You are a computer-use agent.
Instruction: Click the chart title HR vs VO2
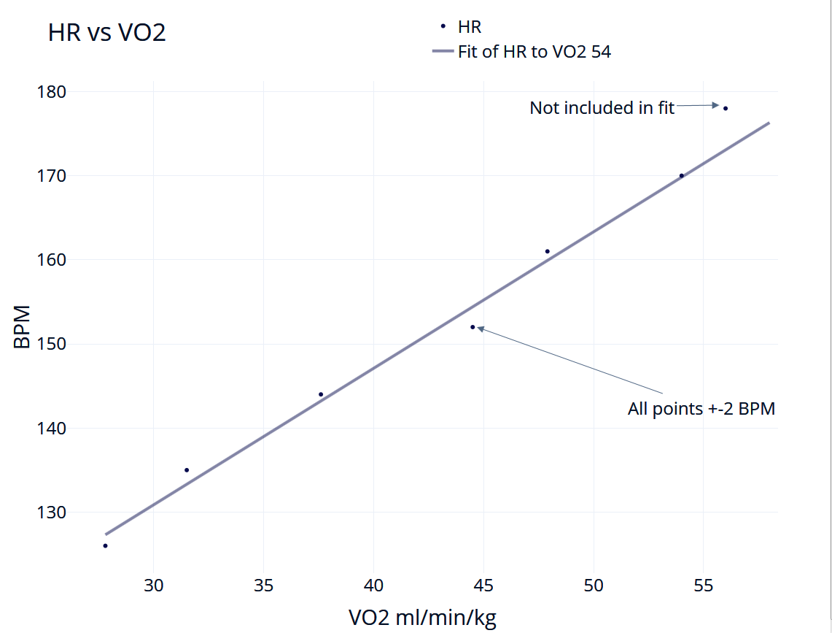coord(107,33)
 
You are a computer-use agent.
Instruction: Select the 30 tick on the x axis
coord(154,585)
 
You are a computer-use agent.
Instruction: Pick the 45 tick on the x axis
coord(483,585)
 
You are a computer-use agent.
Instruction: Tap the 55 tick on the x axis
coord(703,585)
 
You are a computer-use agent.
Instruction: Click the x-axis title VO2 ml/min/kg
coord(422,618)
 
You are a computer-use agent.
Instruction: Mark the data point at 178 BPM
coord(726,108)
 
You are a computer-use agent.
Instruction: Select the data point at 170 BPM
coord(682,175)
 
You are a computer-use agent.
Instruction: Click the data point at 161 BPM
coord(548,251)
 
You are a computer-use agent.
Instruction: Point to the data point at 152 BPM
coord(473,327)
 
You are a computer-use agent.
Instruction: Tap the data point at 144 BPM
coord(321,394)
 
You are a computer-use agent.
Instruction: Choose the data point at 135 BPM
coord(187,470)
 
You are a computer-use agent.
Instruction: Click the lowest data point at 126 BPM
coord(105,545)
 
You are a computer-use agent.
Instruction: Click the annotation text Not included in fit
coord(602,108)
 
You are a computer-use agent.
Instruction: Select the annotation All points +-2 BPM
coord(701,408)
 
